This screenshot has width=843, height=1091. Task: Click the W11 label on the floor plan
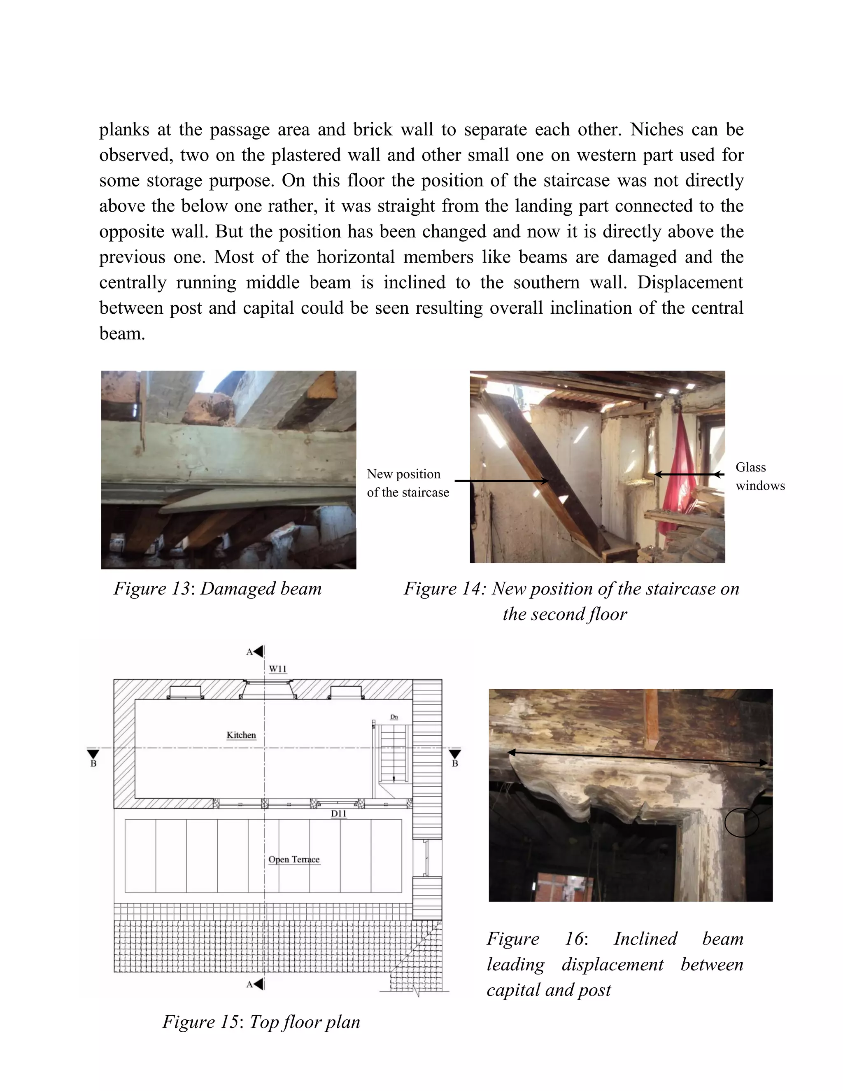pyautogui.click(x=278, y=669)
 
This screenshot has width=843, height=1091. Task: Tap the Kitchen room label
pyautogui.click(x=241, y=735)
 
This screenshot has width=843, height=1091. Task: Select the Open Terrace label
pyautogui.click(x=293, y=859)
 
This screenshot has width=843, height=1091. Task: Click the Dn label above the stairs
pyautogui.click(x=394, y=717)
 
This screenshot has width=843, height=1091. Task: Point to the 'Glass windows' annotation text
pyautogui.click(x=759, y=476)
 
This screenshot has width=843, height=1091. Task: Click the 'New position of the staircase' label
pyautogui.click(x=408, y=483)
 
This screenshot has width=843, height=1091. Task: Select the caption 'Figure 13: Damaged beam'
pyautogui.click(x=218, y=588)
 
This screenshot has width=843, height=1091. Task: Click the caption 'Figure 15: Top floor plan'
pyautogui.click(x=261, y=1021)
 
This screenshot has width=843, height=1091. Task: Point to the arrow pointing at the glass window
pyautogui.click(x=689, y=475)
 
